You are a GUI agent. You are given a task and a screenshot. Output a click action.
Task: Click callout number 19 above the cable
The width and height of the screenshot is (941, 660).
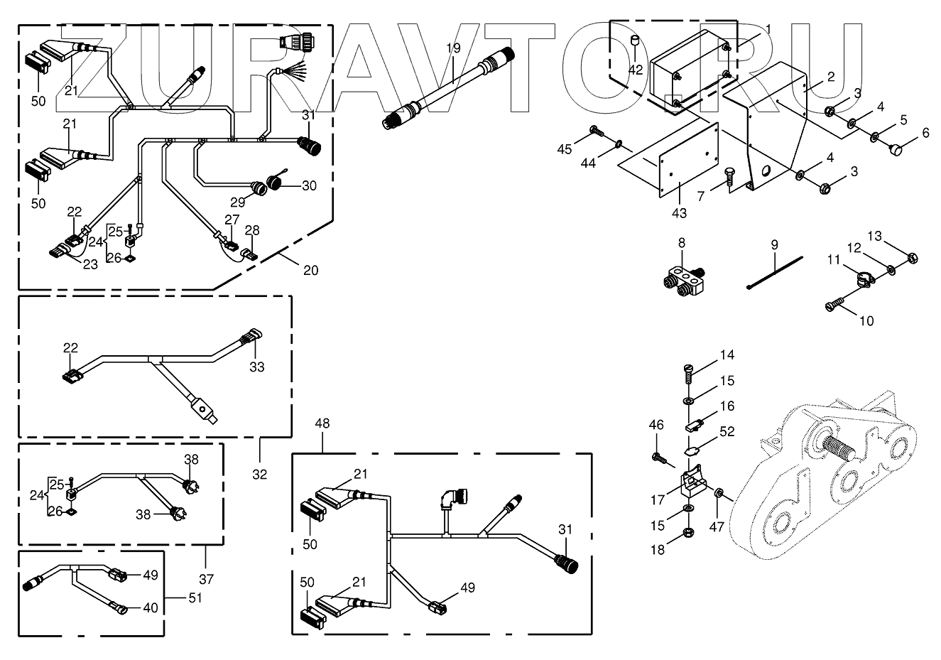453,48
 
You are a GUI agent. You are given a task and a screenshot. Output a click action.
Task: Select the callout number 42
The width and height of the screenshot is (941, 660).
636,70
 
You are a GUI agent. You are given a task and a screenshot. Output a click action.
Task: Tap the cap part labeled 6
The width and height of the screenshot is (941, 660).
897,150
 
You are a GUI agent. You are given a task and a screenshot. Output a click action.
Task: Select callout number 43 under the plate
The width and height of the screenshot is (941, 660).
680,212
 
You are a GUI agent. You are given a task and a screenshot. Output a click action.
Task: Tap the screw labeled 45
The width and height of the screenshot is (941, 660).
595,130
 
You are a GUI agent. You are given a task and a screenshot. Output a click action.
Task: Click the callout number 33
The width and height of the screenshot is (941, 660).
256,367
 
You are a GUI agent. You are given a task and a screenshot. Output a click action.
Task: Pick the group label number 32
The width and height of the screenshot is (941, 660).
260,474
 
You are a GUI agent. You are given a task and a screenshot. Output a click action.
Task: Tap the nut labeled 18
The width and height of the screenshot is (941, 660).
688,552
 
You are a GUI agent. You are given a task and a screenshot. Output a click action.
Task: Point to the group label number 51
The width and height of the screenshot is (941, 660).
195,597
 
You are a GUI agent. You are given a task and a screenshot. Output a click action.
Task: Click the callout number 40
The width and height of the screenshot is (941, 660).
150,607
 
